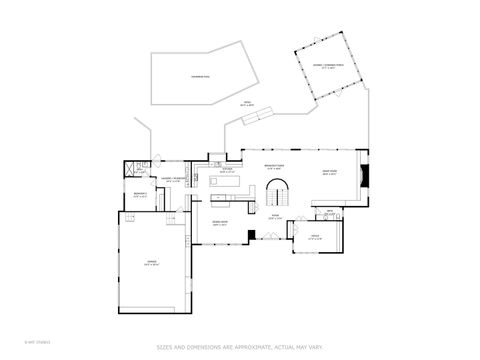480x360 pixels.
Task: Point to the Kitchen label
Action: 227,171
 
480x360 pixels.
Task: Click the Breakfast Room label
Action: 274,167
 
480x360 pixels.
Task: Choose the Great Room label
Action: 329,173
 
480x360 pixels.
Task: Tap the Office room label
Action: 314,237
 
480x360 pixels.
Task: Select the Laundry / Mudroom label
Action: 174,180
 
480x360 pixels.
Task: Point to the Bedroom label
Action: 140,195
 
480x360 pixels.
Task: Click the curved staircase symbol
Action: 283,192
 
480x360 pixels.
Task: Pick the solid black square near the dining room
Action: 253,237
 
